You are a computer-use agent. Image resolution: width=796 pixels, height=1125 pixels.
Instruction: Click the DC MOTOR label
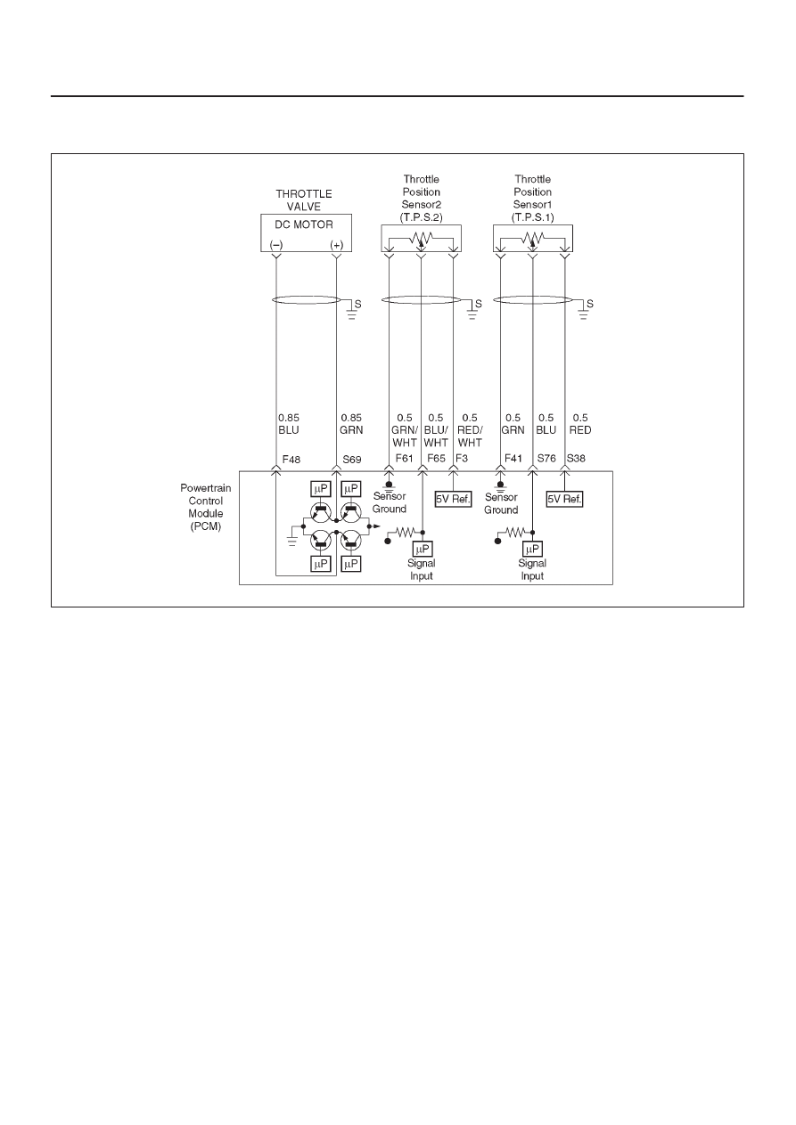[x=304, y=224]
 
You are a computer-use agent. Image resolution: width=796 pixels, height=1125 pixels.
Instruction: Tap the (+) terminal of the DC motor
[x=336, y=245]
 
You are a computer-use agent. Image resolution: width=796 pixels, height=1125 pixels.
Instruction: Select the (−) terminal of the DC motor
[x=276, y=245]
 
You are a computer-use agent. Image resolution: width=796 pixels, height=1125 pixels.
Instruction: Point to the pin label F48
[x=291, y=459]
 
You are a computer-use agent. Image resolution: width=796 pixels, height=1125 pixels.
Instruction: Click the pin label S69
[x=352, y=459]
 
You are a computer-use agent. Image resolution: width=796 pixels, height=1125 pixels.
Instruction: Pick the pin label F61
[x=404, y=458]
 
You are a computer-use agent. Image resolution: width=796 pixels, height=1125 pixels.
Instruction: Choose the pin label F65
[x=436, y=458]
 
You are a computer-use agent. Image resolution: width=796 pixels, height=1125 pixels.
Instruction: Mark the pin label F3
[x=462, y=458]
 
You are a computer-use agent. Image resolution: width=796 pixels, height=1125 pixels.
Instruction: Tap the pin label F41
[x=513, y=458]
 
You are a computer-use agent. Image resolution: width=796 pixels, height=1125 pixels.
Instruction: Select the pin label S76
[x=546, y=458]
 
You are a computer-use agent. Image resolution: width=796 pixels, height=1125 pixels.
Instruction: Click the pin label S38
[x=576, y=458]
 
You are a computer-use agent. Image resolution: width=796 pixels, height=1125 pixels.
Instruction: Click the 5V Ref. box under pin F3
[x=453, y=499]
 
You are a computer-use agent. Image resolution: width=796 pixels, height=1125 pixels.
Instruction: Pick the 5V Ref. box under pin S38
[x=564, y=499]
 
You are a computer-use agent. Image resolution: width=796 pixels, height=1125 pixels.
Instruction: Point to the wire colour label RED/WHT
[x=470, y=436]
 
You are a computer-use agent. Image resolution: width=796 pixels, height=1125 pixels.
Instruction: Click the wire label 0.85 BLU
[x=289, y=424]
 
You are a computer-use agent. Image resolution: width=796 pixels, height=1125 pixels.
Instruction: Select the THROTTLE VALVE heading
[x=304, y=200]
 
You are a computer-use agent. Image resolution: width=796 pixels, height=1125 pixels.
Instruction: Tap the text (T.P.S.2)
[x=421, y=217]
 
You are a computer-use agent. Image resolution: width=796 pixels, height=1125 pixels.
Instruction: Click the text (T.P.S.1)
[x=533, y=217]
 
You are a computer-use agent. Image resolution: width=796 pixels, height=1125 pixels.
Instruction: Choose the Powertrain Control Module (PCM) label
[x=206, y=507]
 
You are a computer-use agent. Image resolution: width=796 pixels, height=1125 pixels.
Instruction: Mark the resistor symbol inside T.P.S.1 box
[x=533, y=237]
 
